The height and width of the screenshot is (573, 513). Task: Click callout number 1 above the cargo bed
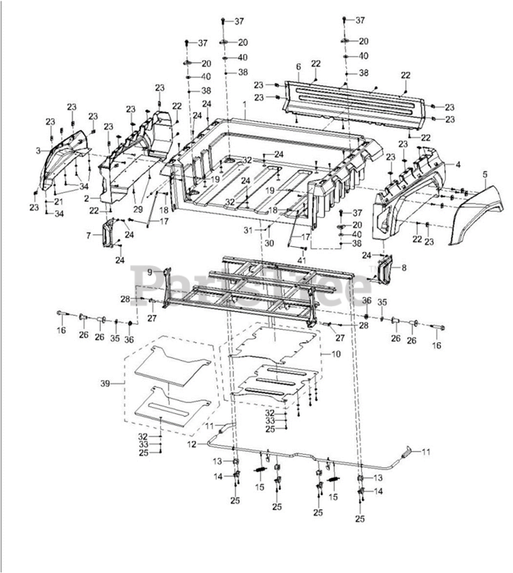tap(245, 103)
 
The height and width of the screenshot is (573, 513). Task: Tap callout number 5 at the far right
tap(484, 174)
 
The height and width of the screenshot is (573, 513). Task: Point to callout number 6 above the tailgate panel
tap(298, 67)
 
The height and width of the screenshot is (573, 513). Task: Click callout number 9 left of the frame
tap(150, 272)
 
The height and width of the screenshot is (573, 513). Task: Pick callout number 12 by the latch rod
tap(192, 443)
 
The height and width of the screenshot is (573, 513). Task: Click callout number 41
tap(302, 261)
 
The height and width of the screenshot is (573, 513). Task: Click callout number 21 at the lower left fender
tap(58, 201)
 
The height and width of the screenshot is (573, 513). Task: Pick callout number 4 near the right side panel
tap(458, 165)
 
